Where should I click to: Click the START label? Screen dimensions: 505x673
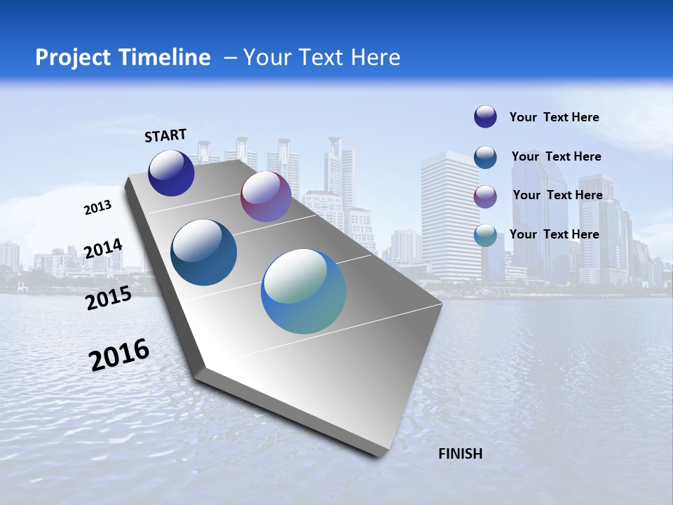tap(165, 135)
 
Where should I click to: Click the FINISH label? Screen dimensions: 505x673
tap(460, 454)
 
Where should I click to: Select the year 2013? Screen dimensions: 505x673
tap(97, 208)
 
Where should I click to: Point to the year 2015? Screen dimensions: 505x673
tap(108, 298)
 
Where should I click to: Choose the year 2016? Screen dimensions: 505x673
tap(119, 355)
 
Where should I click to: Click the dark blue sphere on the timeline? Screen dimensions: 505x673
tap(171, 173)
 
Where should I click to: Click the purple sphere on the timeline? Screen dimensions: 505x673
tap(266, 196)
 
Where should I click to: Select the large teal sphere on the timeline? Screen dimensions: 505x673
tap(304, 291)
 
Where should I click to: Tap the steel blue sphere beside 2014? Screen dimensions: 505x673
tap(204, 252)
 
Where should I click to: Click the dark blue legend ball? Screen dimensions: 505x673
tap(485, 116)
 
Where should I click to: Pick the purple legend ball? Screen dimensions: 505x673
tap(485, 196)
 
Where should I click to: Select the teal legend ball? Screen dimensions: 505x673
tap(485, 235)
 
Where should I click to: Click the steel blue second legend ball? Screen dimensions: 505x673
tap(485, 157)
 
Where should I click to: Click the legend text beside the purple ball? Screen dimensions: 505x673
tap(557, 195)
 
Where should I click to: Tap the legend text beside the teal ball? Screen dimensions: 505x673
tap(554, 234)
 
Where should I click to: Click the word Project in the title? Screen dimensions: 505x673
tap(72, 58)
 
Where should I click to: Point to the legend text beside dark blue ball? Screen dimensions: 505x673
tap(554, 117)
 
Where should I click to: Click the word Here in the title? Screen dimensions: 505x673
tap(375, 58)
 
